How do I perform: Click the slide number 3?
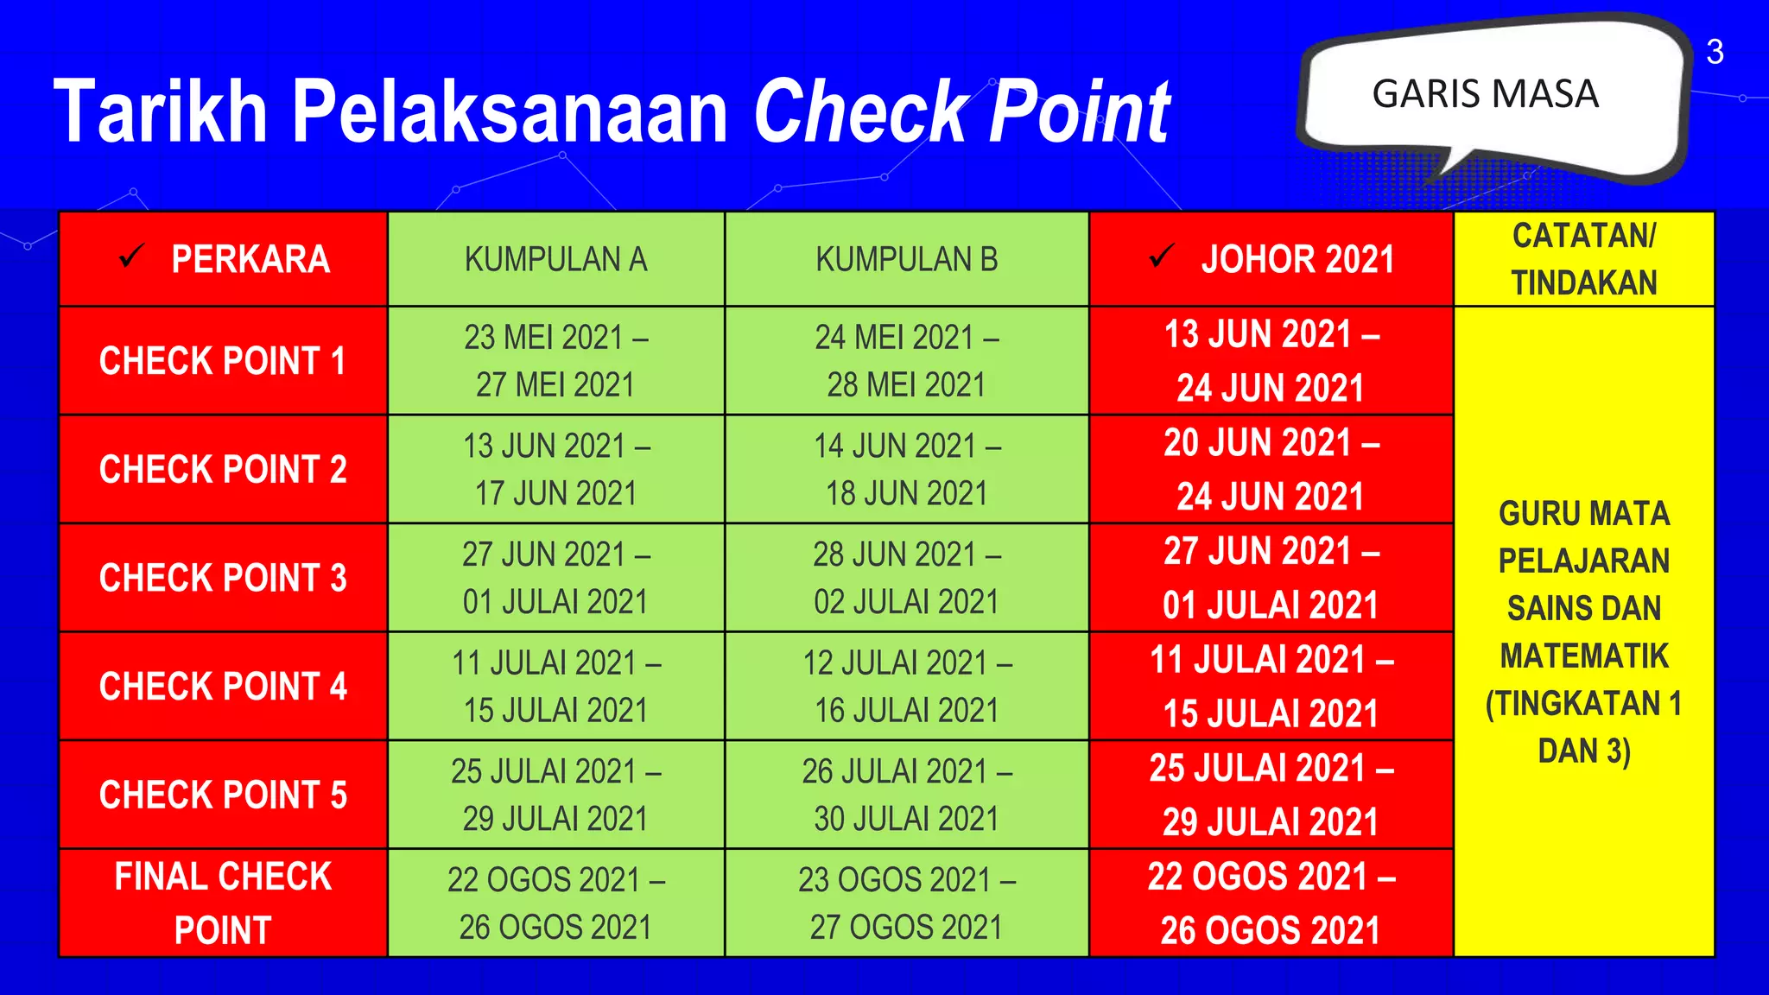pos(1715,53)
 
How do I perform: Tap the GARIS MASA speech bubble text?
pos(1485,94)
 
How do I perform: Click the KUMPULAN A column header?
pos(555,259)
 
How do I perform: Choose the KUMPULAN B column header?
pos(906,259)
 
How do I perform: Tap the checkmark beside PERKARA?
pos(131,257)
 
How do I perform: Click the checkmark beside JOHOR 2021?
pos(1162,256)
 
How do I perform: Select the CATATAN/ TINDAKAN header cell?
pos(1583,259)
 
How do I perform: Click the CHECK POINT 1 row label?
pos(223,361)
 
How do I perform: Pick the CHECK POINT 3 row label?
pos(223,578)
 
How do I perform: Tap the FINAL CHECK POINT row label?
pos(223,903)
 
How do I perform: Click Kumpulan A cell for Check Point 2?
pos(555,470)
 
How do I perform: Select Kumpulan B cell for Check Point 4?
pos(906,687)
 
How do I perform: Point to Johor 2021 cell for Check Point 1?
pos(1271,361)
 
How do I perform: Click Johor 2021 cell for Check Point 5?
pos(1271,795)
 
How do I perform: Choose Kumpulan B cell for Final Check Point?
pos(906,903)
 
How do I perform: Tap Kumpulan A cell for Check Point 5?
pos(555,795)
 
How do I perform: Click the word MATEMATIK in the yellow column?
pos(1583,656)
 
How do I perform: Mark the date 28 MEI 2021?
pos(906,385)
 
